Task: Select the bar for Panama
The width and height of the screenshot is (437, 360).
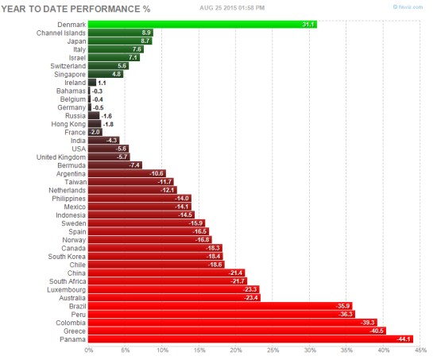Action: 250,339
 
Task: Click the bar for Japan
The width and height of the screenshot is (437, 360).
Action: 120,41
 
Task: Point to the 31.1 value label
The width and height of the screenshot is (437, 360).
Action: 308,24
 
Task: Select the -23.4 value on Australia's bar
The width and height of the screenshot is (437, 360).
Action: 250,297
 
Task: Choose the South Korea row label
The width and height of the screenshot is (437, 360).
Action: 64,256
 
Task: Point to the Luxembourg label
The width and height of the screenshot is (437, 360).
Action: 64,289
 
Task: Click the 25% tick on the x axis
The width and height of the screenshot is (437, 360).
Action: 273,350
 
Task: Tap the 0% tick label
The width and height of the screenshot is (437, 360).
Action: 88,350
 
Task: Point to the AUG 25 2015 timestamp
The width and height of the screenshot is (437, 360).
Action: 230,6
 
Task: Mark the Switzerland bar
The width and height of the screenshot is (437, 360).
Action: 108,65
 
